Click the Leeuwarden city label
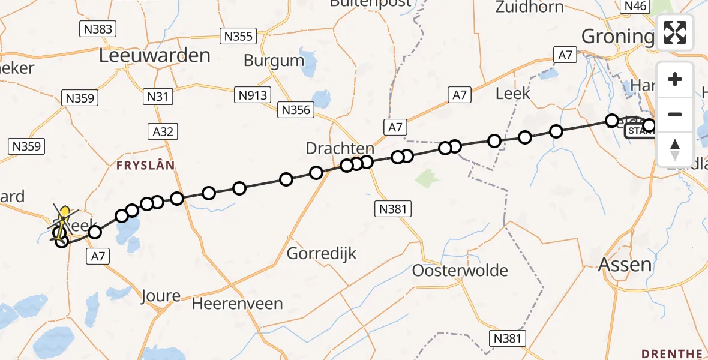click(x=154, y=56)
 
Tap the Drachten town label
click(x=340, y=148)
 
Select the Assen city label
click(x=625, y=263)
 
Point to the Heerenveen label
click(x=237, y=304)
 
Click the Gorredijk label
click(x=322, y=253)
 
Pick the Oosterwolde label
click(x=460, y=271)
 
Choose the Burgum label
click(x=274, y=61)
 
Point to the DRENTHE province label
click(x=671, y=353)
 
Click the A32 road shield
click(x=162, y=131)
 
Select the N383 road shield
click(x=98, y=28)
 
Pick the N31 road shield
click(x=159, y=96)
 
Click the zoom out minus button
click(x=675, y=114)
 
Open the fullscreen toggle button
click(x=675, y=32)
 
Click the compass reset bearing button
click(x=675, y=149)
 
